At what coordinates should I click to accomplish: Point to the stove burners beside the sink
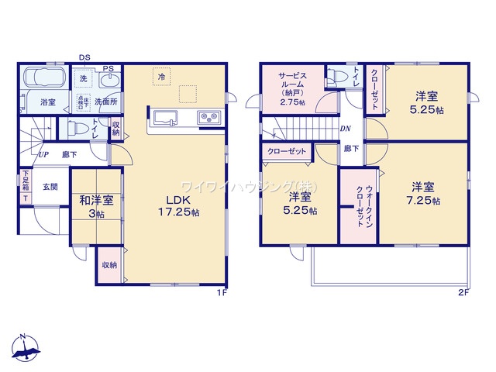(209, 119)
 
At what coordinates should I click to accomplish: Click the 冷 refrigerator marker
(161, 77)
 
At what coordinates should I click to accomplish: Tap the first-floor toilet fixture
(78, 127)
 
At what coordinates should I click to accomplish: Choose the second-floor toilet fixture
(336, 77)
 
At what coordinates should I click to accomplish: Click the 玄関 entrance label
(50, 186)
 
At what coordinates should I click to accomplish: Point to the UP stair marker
(35, 153)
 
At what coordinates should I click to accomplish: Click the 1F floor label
(221, 292)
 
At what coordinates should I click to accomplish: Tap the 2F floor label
(463, 292)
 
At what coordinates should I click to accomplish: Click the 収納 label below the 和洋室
(108, 266)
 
